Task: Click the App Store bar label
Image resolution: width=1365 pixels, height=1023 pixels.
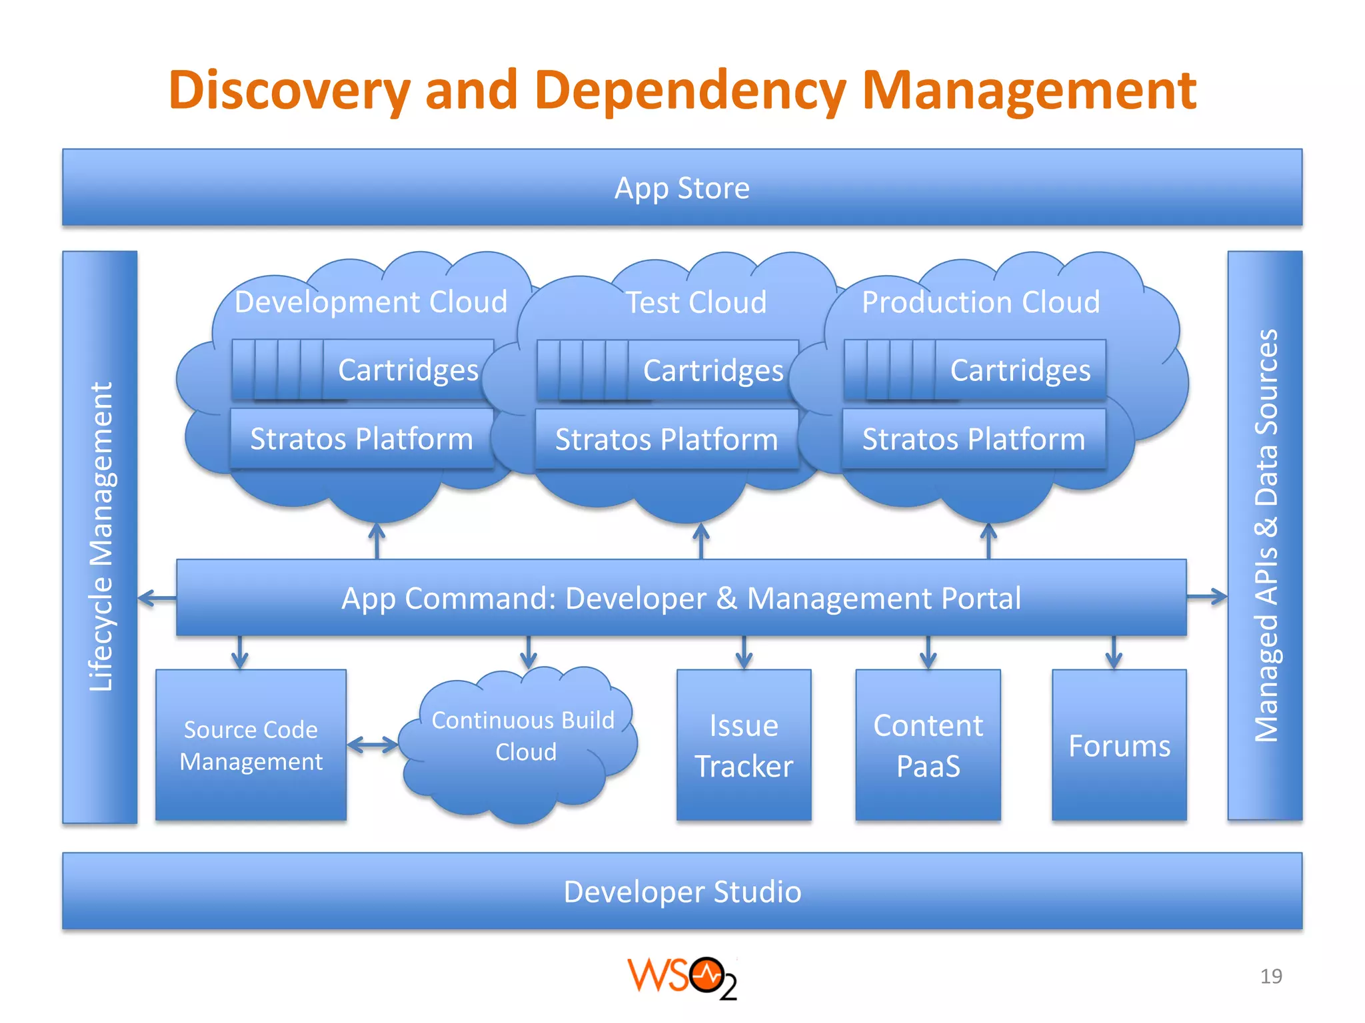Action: (x=682, y=188)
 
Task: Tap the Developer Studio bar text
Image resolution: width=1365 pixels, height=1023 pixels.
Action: (x=682, y=892)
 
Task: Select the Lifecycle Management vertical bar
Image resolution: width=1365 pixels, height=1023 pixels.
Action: (x=100, y=537)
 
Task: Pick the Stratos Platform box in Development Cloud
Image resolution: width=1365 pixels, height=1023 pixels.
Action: (x=361, y=440)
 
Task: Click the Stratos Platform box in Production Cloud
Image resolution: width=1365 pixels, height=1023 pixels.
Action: (x=974, y=440)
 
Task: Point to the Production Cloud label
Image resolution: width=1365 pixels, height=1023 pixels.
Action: (x=980, y=302)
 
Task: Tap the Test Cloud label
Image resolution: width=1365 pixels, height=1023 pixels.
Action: (x=696, y=303)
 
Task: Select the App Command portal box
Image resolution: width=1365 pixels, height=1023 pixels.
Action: (x=681, y=598)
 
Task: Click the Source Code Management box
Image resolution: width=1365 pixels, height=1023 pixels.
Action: (x=251, y=745)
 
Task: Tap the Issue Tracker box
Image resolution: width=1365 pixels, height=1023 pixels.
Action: (x=744, y=745)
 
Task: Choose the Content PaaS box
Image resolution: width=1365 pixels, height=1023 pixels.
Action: (x=928, y=745)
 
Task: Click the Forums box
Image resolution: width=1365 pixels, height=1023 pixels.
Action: (x=1119, y=745)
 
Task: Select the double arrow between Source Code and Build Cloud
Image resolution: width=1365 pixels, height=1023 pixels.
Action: (x=373, y=745)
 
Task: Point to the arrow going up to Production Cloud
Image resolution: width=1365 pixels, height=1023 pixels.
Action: (x=988, y=541)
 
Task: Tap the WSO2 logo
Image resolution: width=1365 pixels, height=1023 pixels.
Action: (x=682, y=978)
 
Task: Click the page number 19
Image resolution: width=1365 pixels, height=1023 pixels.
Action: (x=1271, y=976)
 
